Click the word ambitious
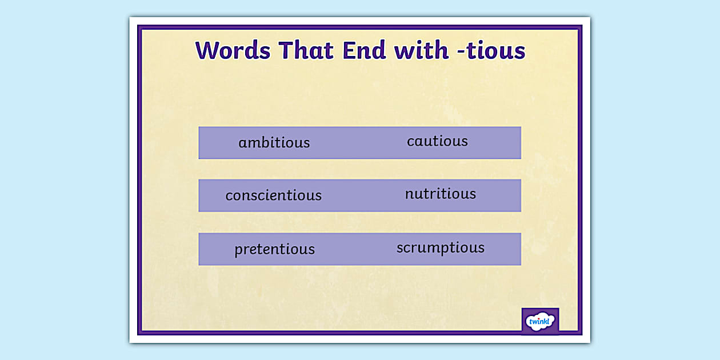pos(274,142)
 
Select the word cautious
pos(438,141)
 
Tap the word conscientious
pos(274,195)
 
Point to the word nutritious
pos(441,194)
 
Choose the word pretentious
pos(274,250)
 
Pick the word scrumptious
pos(441,248)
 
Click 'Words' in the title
pos(233,50)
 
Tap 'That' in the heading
pos(306,50)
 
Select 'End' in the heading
pos(364,50)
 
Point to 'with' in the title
pos(421,50)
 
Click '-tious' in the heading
pos(491,51)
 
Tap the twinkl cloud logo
pos(540,321)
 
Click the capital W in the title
pos(208,50)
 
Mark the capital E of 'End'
pos(349,50)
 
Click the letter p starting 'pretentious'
pos(239,251)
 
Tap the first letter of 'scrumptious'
pos(400,249)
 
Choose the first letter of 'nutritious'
pos(410,194)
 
